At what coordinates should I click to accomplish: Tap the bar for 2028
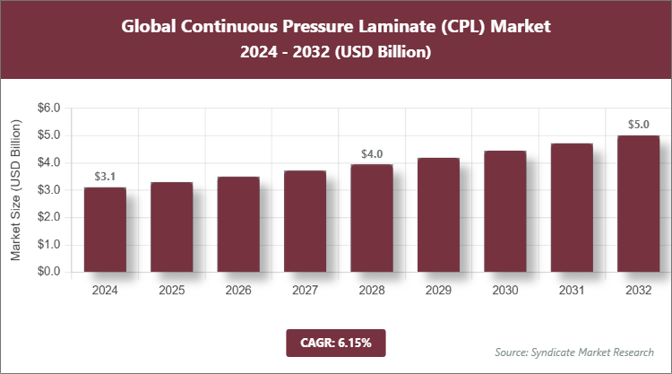371,218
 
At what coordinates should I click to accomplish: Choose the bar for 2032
638,204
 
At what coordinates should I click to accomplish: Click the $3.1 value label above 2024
105,176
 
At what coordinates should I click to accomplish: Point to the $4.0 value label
371,153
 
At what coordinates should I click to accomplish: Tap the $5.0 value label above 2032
638,125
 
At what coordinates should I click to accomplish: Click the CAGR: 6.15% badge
335,343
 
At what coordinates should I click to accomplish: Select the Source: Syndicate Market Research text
574,352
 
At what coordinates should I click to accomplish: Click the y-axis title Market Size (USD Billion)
16,189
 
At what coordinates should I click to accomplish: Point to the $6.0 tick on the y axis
47,108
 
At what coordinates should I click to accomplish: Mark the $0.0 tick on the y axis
47,272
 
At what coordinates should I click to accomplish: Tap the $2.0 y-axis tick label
47,217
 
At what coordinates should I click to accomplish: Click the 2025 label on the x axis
172,291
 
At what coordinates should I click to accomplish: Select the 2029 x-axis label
438,291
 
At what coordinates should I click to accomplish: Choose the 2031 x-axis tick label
572,291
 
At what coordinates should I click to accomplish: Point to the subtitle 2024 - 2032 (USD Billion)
335,53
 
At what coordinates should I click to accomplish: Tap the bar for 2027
305,222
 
